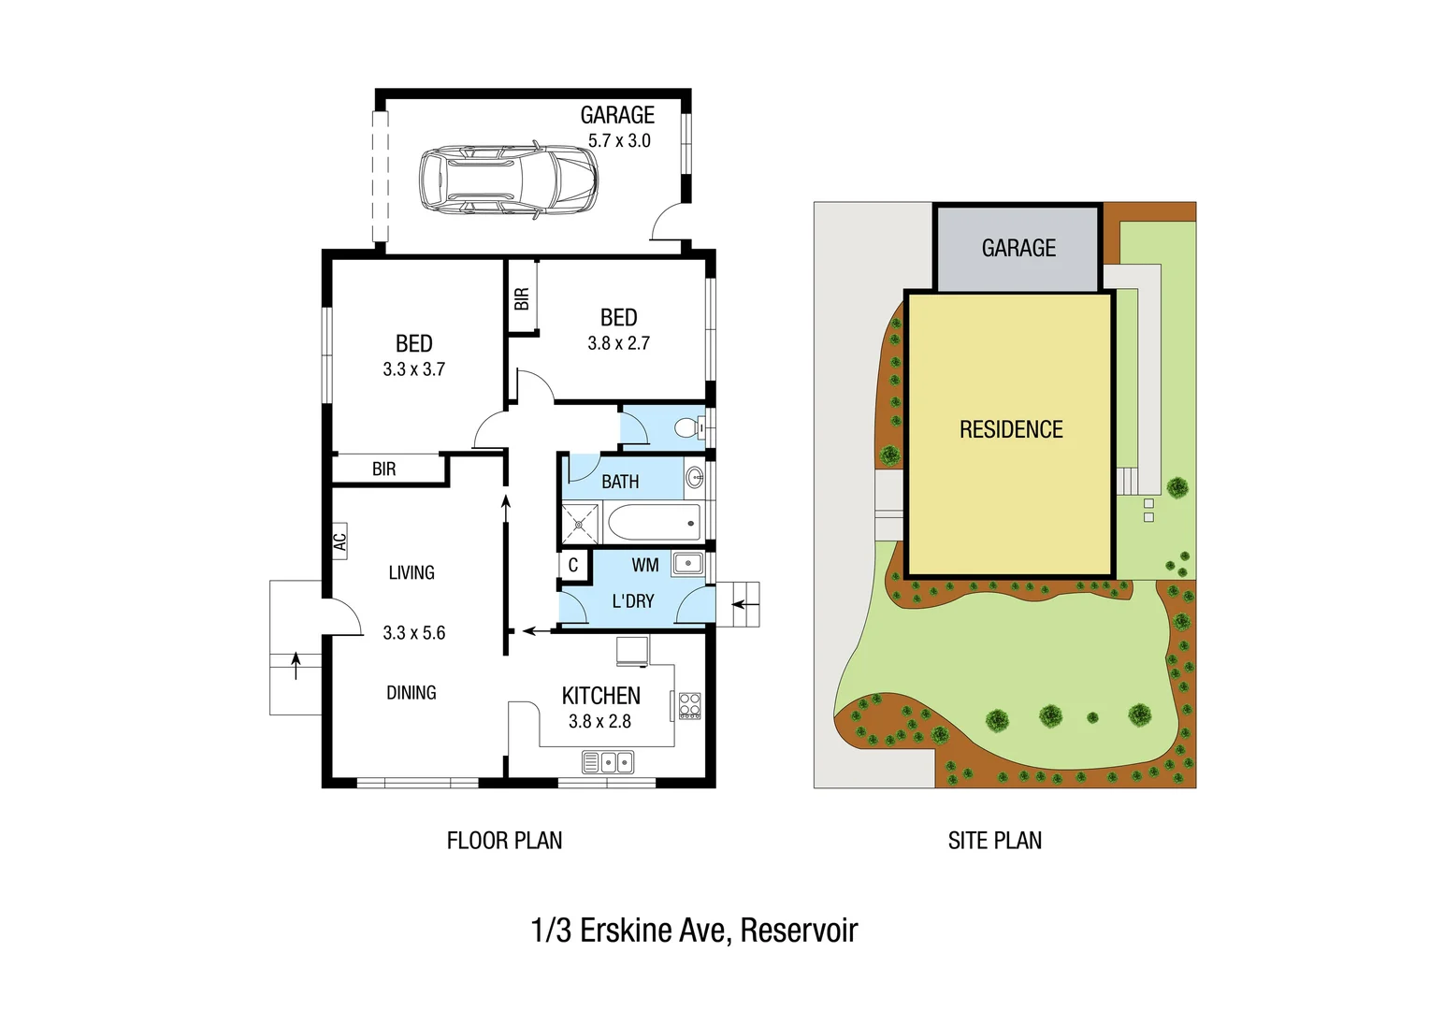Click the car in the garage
[x=508, y=181]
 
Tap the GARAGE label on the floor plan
[x=617, y=115]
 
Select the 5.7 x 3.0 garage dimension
[x=619, y=141]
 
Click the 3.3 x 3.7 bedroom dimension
[x=413, y=369]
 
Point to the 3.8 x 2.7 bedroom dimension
[x=618, y=343]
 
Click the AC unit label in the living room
[x=339, y=541]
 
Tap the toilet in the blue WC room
[x=688, y=428]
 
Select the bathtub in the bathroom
[x=654, y=522]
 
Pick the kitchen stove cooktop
[x=689, y=705]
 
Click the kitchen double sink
[x=607, y=762]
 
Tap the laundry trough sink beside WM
[x=687, y=563]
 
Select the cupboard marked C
[x=573, y=566]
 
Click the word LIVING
[x=411, y=572]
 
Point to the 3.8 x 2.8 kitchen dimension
[x=599, y=721]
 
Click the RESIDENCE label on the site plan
[x=1011, y=429]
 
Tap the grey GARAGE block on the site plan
[x=1018, y=249]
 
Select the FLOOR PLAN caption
[x=504, y=841]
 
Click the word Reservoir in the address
[x=799, y=931]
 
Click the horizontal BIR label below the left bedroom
[x=383, y=469]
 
